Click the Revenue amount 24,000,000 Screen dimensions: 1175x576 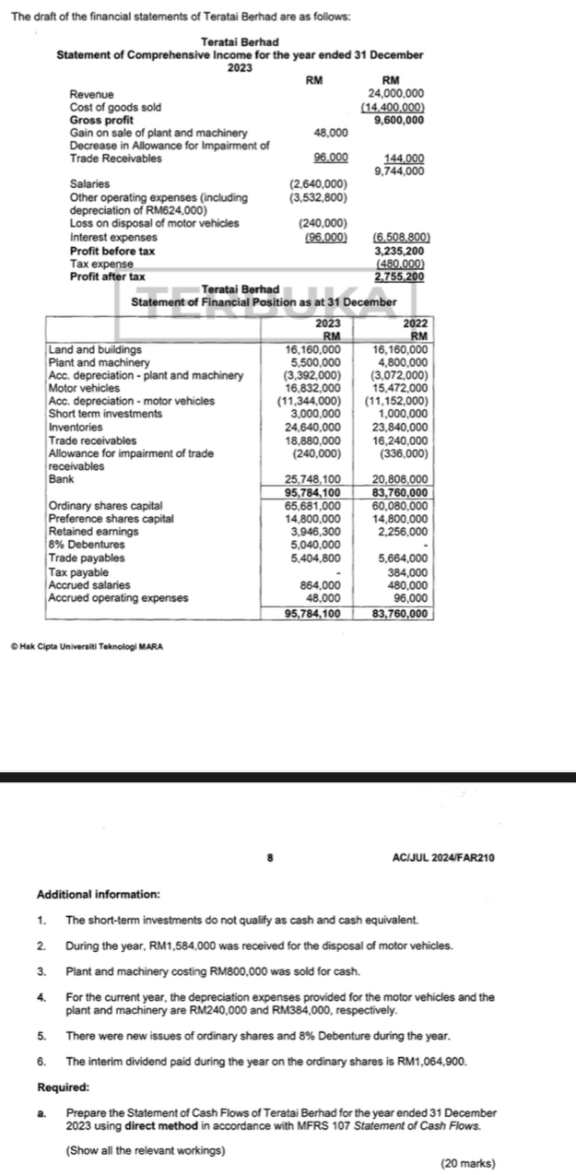pos(395,94)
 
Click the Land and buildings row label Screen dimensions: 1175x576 pos(95,350)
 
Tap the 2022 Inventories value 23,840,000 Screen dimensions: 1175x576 pos(401,427)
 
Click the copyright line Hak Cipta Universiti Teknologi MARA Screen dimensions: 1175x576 pos(84,644)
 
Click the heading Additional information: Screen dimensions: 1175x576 pos(98,894)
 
